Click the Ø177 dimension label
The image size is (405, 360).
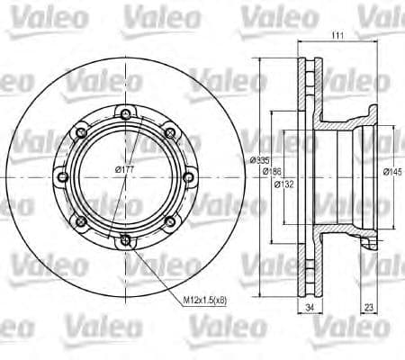[x=125, y=170]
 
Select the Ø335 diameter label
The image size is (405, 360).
[x=260, y=160]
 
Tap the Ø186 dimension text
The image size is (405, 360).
[x=272, y=172]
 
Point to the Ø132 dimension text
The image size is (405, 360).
[x=284, y=184]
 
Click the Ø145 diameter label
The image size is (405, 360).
[x=392, y=172]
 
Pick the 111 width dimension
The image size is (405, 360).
[x=337, y=35]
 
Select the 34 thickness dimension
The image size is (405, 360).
[x=310, y=307]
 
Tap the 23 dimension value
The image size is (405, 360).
[x=369, y=307]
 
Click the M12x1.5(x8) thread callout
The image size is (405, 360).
[x=205, y=300]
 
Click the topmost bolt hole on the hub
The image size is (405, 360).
[x=126, y=114]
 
